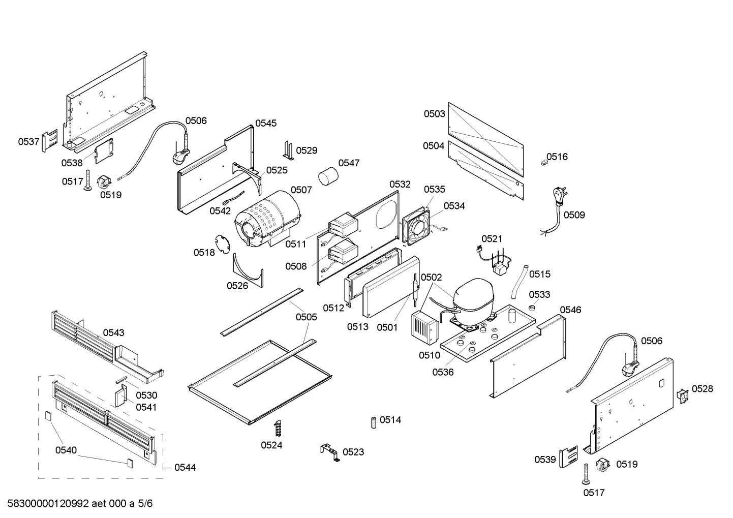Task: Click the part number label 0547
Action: [349, 163]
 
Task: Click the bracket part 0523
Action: [329, 451]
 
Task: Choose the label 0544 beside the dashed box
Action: [185, 467]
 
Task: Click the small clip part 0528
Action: [682, 396]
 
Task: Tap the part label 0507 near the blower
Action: [301, 190]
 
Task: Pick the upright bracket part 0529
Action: [288, 150]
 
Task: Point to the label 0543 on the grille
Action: [113, 332]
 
